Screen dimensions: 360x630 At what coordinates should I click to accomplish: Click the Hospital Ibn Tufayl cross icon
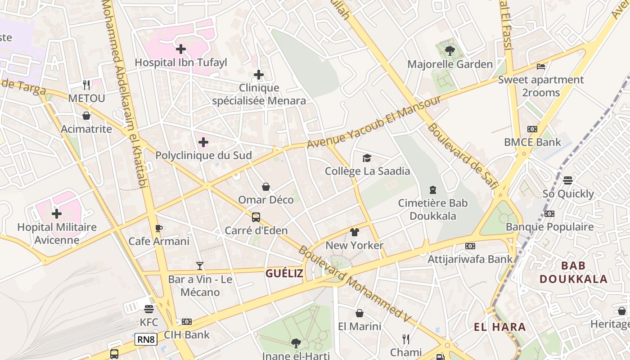(181, 49)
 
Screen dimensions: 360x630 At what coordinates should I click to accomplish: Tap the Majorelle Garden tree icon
(450, 50)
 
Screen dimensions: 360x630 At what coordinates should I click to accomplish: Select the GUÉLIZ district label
(284, 273)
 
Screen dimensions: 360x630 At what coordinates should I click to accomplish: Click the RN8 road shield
(146, 339)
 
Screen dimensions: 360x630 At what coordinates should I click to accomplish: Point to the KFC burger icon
(149, 309)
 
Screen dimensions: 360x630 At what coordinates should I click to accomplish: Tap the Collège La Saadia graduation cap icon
(367, 158)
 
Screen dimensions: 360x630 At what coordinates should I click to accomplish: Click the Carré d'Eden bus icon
(256, 217)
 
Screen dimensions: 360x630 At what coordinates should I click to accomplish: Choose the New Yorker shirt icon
(355, 232)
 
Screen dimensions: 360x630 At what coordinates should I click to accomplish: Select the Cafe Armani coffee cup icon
(158, 228)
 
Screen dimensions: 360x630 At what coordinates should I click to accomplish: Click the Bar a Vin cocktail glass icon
(200, 266)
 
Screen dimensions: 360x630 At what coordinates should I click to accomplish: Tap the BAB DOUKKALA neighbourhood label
(573, 272)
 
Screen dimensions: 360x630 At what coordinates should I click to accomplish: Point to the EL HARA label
(500, 327)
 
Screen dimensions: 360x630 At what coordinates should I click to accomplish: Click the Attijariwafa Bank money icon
(470, 246)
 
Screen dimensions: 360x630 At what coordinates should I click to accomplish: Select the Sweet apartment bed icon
(541, 67)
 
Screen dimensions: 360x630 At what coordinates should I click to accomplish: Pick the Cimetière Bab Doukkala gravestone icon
(433, 190)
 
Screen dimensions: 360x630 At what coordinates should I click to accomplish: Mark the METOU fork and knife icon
(86, 85)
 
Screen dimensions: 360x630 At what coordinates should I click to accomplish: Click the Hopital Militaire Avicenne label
(57, 233)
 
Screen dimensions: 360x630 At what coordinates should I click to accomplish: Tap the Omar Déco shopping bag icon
(266, 186)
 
